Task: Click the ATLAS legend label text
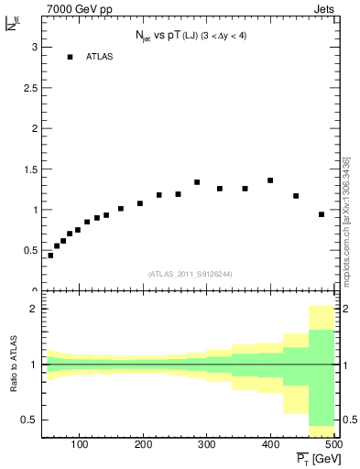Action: click(x=99, y=57)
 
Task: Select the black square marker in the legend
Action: click(x=70, y=57)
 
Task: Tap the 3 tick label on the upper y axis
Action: click(x=33, y=47)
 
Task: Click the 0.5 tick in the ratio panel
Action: click(x=28, y=420)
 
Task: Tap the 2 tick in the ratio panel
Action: click(x=33, y=309)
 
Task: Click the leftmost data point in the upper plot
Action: click(x=50, y=256)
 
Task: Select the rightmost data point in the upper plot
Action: click(x=322, y=214)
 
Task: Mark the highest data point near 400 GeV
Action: click(x=270, y=180)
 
